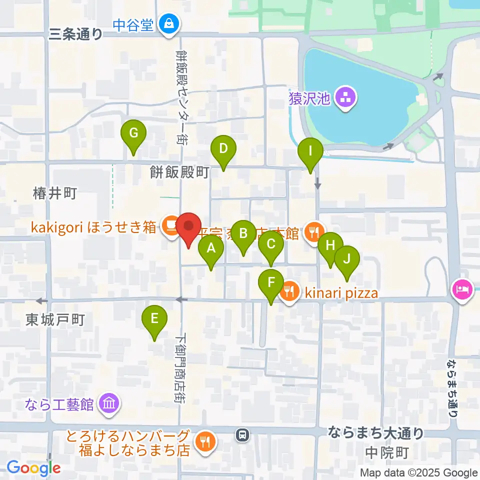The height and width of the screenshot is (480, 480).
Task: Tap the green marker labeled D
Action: (x=223, y=149)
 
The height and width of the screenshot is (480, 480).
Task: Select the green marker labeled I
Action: (x=310, y=151)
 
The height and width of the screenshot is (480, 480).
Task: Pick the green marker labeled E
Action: (x=154, y=318)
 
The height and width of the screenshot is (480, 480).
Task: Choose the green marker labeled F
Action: (x=271, y=283)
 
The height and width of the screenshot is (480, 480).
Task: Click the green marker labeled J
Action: (x=347, y=259)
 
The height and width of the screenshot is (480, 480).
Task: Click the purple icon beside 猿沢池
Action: (x=345, y=98)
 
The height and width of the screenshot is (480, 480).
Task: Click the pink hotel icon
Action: (x=462, y=289)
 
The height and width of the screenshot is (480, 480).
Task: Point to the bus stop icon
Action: (x=242, y=435)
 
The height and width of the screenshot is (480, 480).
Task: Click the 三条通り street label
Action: (x=76, y=34)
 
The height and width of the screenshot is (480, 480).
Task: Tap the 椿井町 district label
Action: (x=54, y=193)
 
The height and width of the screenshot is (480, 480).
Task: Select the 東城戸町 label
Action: (x=55, y=320)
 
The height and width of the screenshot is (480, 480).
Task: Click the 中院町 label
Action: (x=387, y=453)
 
